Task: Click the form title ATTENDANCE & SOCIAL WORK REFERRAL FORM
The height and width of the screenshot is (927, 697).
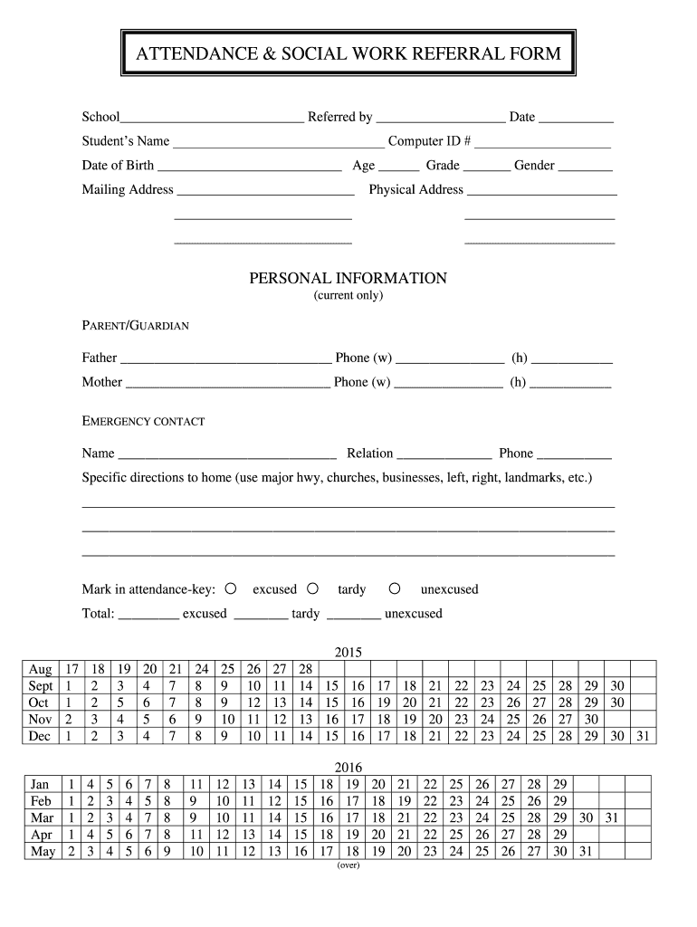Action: [x=348, y=54]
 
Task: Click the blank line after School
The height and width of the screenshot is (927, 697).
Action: [x=212, y=119]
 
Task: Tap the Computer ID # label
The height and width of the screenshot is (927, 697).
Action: [x=429, y=141]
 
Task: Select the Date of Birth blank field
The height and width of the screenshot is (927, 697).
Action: [x=249, y=167]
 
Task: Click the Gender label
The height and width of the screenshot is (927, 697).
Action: [x=534, y=166]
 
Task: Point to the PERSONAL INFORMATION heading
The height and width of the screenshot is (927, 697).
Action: [x=348, y=278]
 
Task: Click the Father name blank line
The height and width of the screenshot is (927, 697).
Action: [x=225, y=359]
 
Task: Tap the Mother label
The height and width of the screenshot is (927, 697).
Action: [x=101, y=382]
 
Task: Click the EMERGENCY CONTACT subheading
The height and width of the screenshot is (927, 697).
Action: [x=143, y=422]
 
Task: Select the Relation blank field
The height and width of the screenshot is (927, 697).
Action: [x=444, y=455]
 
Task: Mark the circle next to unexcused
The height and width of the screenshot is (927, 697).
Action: [x=395, y=588]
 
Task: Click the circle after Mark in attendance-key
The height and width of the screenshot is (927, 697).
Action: [x=231, y=588]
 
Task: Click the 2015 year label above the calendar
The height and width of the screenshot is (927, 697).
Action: [x=348, y=652]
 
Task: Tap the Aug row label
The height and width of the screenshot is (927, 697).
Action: [x=41, y=670]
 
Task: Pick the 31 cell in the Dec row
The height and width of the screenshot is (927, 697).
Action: [x=643, y=736]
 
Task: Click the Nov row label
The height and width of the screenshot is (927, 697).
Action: [x=41, y=720]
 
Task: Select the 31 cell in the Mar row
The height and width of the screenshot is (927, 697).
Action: [x=611, y=817]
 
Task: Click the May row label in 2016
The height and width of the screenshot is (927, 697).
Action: [x=43, y=851]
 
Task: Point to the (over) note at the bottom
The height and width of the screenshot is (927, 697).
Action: [x=348, y=865]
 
